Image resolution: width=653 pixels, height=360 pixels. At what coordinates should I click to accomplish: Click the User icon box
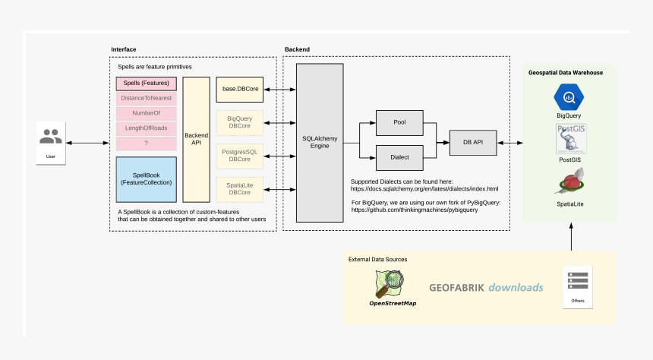click(51, 142)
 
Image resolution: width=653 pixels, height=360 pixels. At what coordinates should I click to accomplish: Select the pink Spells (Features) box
click(147, 84)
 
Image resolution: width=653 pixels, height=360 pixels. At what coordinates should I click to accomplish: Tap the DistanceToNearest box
click(147, 99)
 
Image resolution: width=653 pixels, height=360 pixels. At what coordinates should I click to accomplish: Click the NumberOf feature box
click(147, 113)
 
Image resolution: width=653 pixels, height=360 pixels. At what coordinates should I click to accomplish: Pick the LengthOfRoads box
click(147, 128)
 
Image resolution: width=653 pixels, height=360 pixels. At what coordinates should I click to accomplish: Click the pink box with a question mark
click(147, 143)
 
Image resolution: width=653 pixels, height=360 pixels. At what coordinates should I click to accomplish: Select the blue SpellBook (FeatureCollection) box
click(147, 179)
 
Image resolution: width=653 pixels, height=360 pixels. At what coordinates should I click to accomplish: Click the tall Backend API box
click(196, 139)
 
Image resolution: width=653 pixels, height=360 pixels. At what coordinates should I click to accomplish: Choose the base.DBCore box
click(240, 90)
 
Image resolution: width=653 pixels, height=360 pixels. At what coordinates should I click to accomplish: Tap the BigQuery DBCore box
click(240, 122)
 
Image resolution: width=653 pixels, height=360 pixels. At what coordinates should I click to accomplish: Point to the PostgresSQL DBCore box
click(240, 156)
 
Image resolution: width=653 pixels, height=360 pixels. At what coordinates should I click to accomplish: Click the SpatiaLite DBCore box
click(240, 189)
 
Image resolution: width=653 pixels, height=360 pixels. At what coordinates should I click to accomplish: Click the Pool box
click(399, 122)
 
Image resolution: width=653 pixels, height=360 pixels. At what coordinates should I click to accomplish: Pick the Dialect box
click(399, 157)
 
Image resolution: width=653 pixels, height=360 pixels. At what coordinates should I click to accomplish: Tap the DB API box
click(473, 141)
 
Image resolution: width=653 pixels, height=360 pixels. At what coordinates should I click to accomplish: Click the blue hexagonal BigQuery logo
click(569, 97)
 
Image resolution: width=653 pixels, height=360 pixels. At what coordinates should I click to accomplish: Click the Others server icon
click(578, 283)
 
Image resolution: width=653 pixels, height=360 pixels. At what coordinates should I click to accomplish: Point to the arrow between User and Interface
click(89, 142)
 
